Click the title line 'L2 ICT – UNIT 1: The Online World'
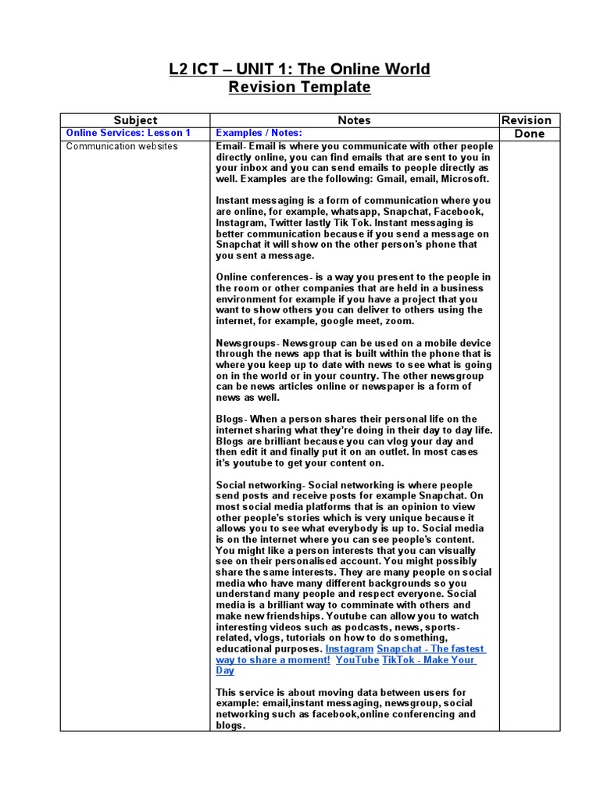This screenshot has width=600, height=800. [x=299, y=70]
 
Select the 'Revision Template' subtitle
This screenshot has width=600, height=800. [x=299, y=87]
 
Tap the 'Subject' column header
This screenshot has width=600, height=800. [x=135, y=120]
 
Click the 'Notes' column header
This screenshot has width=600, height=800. [x=354, y=120]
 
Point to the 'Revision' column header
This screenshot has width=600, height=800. [x=526, y=120]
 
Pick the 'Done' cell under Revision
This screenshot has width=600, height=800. [x=530, y=134]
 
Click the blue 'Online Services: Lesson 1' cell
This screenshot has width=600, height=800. [x=128, y=134]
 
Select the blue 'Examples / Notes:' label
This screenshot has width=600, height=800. [x=259, y=134]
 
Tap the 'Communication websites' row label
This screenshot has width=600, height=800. [x=122, y=147]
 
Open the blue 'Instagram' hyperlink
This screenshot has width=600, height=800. [x=349, y=649]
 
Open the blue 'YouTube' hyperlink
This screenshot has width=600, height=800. [x=357, y=660]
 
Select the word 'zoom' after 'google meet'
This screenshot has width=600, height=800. [x=400, y=321]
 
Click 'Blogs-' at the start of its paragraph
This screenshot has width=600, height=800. [x=230, y=420]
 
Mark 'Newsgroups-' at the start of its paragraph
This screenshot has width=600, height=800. [x=247, y=343]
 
